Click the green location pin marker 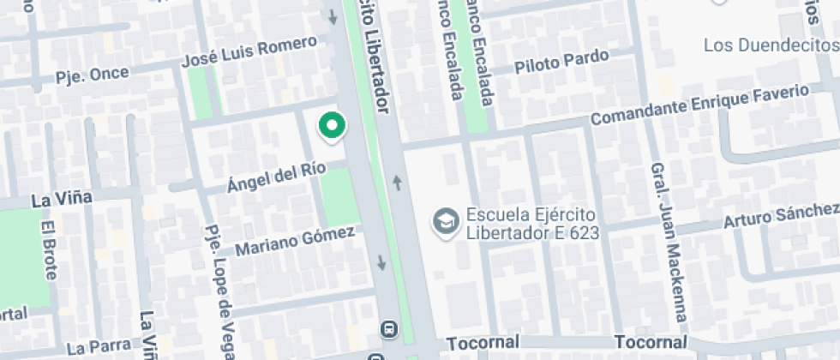[332, 125]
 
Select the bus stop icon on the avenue [389, 328]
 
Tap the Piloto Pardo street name [561, 62]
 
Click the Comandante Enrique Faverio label [699, 103]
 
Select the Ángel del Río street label [276, 177]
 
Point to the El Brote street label [49, 250]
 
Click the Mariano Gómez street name [295, 240]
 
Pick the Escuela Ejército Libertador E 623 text [531, 223]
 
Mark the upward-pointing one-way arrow [398, 182]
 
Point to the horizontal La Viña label [61, 199]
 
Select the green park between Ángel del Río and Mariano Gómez [339, 197]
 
